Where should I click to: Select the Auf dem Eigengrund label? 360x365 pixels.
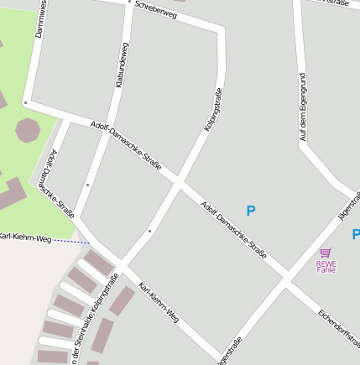tap(303, 106)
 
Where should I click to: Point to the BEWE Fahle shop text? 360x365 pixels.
tap(326, 266)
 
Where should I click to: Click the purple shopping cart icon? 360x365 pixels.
tap(326, 252)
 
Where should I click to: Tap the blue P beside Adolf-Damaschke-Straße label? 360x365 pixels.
tap(250, 211)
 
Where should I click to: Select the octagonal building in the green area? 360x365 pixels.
tap(28, 130)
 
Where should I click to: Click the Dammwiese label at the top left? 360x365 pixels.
tap(39, 18)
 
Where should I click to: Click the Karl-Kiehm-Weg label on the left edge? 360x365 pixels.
tap(25, 239)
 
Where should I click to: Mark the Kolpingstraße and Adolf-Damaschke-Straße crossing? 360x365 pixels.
tap(179, 180)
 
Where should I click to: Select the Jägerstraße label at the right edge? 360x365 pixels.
tap(347, 206)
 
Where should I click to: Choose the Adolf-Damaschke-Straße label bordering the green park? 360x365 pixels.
tap(62, 185)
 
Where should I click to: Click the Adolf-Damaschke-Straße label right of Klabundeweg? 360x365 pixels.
tap(126, 143)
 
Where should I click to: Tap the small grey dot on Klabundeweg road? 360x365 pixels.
tap(87, 184)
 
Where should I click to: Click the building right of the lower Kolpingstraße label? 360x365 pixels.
tap(122, 300)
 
